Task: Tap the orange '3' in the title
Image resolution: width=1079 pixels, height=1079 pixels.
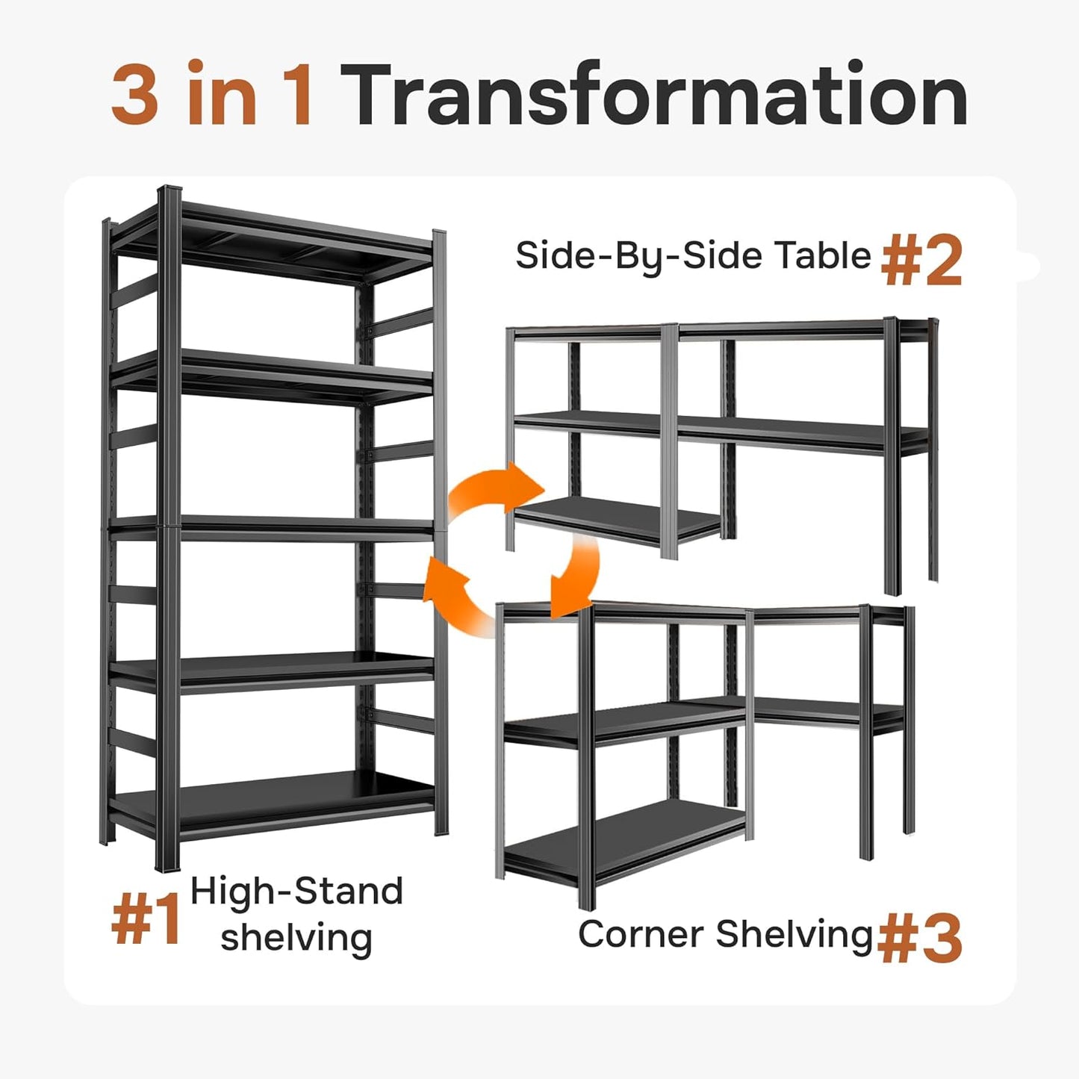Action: coord(135,95)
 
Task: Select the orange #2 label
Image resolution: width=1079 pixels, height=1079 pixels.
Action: coord(922,260)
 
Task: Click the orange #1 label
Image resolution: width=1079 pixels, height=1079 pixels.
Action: coord(146,920)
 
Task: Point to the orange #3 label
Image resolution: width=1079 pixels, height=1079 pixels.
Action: coord(920,938)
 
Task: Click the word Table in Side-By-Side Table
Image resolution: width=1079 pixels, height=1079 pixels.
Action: coord(822,255)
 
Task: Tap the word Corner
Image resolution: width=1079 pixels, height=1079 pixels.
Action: coord(641,934)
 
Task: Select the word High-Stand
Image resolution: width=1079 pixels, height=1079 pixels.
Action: coord(296,892)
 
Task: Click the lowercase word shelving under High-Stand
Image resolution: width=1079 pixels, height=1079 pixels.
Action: coord(296,938)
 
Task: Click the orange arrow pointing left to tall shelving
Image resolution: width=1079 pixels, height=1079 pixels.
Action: coord(455,597)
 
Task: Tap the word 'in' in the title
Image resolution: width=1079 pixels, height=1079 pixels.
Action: coord(221,95)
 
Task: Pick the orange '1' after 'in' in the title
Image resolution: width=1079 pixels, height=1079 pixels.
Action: coord(296,95)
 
